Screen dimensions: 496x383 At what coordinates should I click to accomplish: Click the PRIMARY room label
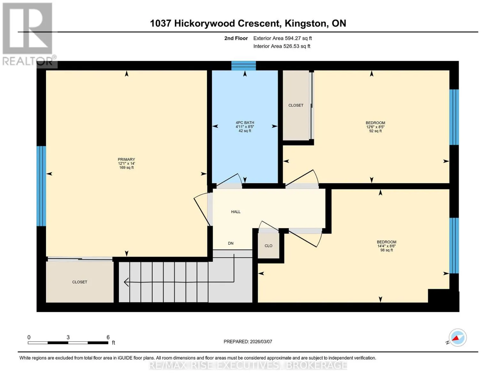tap(126, 159)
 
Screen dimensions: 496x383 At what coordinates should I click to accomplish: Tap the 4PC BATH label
tap(245, 123)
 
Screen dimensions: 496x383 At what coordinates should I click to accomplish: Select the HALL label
tap(236, 212)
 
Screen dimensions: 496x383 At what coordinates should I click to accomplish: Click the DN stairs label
tap(231, 243)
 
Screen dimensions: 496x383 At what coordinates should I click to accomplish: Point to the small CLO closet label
tap(268, 246)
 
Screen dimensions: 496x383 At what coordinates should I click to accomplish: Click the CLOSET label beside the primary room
tap(80, 282)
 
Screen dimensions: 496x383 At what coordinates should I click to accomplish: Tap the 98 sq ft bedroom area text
tap(386, 250)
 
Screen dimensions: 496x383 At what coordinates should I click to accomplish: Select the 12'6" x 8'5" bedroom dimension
tap(375, 127)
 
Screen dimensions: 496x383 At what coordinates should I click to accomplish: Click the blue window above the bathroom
tap(244, 66)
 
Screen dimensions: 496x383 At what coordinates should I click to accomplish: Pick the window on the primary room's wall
tap(41, 186)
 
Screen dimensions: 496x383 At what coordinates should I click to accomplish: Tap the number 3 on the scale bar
tap(68, 337)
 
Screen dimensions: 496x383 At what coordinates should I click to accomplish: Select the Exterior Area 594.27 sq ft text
tap(282, 38)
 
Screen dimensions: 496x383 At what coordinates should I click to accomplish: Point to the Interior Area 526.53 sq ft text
tap(282, 46)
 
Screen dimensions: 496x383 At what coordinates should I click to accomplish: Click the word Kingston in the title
tap(305, 24)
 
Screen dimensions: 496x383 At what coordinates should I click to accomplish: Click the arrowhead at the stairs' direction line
tap(126, 282)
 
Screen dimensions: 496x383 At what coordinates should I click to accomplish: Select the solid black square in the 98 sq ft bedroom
tap(439, 296)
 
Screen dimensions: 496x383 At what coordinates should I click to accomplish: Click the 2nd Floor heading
tap(236, 38)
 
